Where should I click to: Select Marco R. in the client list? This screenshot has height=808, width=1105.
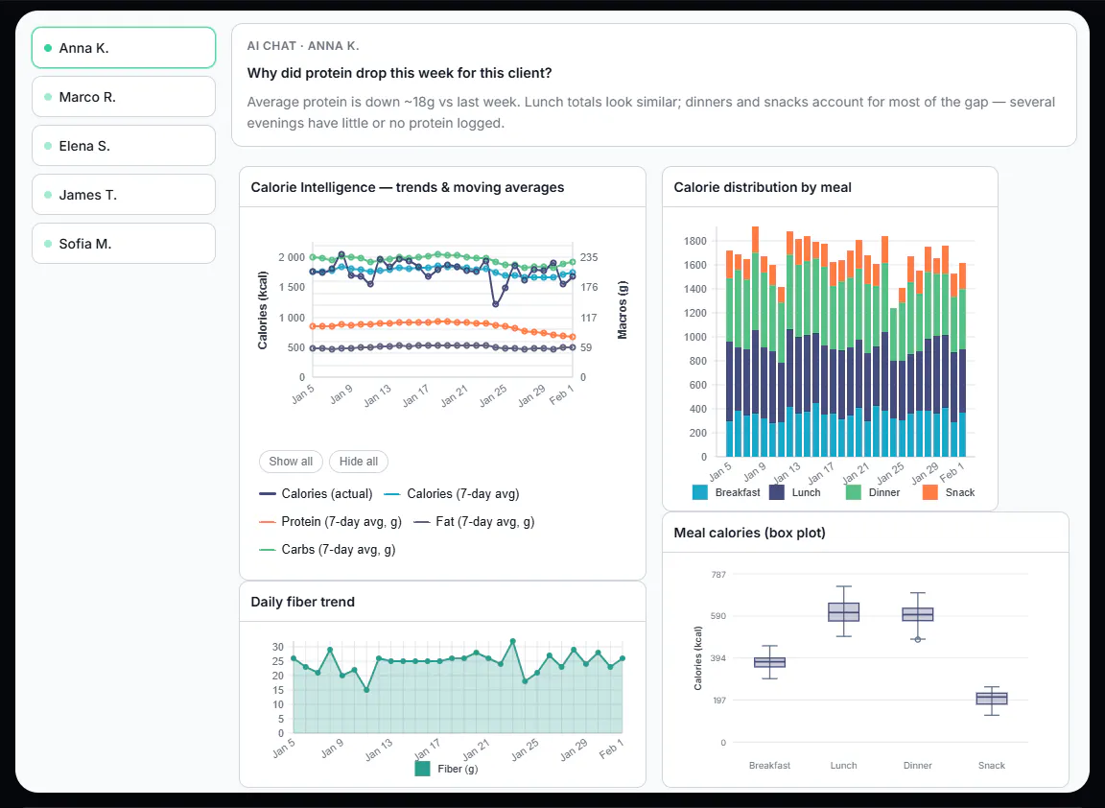tap(124, 97)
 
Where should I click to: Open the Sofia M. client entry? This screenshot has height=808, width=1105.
tap(124, 243)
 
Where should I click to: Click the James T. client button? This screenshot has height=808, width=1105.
tap(124, 195)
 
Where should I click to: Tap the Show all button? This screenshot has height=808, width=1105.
tap(291, 462)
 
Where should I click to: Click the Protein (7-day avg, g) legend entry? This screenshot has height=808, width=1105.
tap(331, 522)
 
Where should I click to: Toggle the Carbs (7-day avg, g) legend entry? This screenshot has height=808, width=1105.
tap(328, 549)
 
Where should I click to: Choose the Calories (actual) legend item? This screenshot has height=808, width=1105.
tap(316, 493)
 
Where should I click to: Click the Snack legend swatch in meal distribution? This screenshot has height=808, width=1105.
tap(930, 492)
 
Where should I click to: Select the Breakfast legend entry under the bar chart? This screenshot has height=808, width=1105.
tap(726, 492)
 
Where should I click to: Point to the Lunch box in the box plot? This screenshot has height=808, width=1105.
tap(843, 612)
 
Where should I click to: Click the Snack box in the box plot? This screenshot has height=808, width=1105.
tap(992, 699)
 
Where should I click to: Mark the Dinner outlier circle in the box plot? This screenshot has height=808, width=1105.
tap(918, 639)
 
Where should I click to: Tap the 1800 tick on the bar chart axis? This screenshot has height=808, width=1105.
tap(694, 241)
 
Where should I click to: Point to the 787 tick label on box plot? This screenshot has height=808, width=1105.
tap(718, 575)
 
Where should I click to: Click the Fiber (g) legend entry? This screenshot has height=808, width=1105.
tap(447, 769)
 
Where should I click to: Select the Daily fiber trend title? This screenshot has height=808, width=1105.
tap(303, 602)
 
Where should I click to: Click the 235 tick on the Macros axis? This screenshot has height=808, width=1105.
tap(589, 257)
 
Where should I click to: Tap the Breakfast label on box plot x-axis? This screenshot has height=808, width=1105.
tap(769, 765)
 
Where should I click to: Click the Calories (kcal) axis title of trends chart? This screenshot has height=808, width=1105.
tap(263, 310)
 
